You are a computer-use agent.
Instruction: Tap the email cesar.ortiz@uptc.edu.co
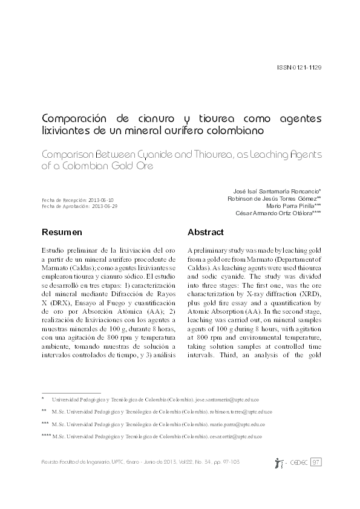point(239,436)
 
